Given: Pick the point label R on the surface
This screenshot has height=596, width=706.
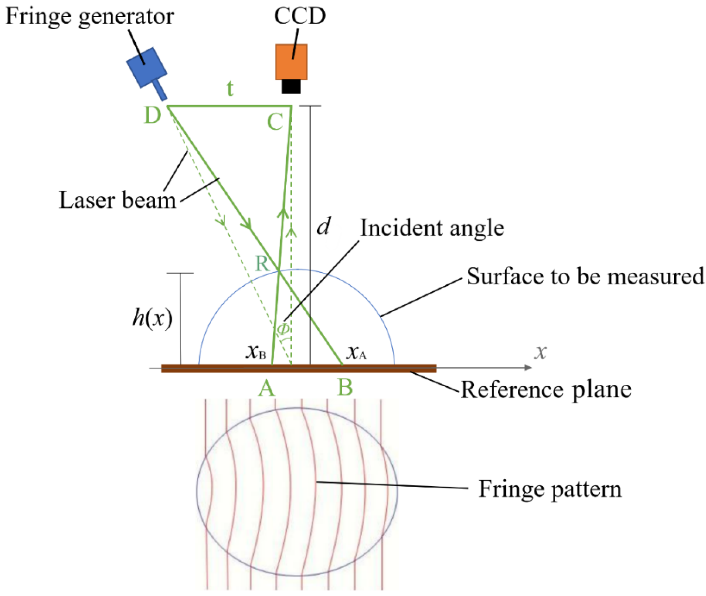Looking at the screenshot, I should pyautogui.click(x=262, y=264).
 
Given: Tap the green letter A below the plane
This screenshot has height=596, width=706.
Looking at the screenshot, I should pyautogui.click(x=267, y=388).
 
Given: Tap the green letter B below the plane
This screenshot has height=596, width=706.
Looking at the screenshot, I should pyautogui.click(x=345, y=387).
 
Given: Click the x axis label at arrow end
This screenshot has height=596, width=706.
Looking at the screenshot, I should pyautogui.click(x=540, y=352).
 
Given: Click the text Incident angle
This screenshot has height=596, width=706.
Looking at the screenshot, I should pyautogui.click(x=432, y=228).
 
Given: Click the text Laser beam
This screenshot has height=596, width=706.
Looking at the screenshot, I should pyautogui.click(x=117, y=200).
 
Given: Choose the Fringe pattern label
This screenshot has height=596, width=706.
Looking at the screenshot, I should pyautogui.click(x=550, y=489).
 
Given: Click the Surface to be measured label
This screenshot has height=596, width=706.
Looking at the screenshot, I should pyautogui.click(x=585, y=276).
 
